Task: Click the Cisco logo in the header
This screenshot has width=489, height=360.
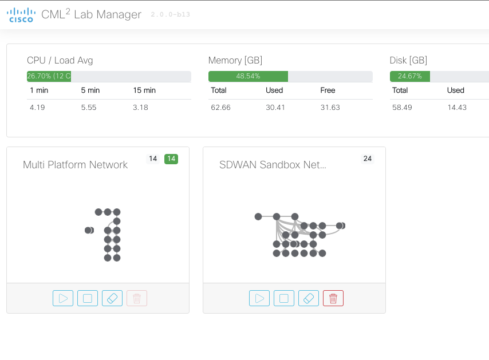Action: (21, 14)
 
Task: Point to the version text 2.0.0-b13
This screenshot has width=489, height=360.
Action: (170, 15)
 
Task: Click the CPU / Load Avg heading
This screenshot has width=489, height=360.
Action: (60, 60)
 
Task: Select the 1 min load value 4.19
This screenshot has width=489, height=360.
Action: (37, 107)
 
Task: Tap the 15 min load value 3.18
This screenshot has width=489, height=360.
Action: (140, 107)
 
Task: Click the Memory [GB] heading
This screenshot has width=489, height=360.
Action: (235, 60)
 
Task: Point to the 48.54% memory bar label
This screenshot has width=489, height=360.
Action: (248, 76)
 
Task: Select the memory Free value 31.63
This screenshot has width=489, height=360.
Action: (330, 107)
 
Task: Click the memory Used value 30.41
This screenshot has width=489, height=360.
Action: (275, 107)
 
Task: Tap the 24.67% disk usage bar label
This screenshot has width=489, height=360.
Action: (409, 76)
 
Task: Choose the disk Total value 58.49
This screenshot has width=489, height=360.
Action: (400, 107)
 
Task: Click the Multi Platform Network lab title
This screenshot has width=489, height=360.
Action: (75, 165)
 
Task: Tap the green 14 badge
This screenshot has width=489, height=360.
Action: (171, 159)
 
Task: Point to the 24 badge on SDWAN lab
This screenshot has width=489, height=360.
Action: (367, 159)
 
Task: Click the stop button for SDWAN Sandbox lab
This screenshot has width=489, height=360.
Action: (284, 298)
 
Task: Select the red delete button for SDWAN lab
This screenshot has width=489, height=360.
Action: (333, 298)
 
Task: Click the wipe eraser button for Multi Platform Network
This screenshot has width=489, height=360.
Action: (112, 298)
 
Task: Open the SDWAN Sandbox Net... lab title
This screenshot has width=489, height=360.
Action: (273, 165)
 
